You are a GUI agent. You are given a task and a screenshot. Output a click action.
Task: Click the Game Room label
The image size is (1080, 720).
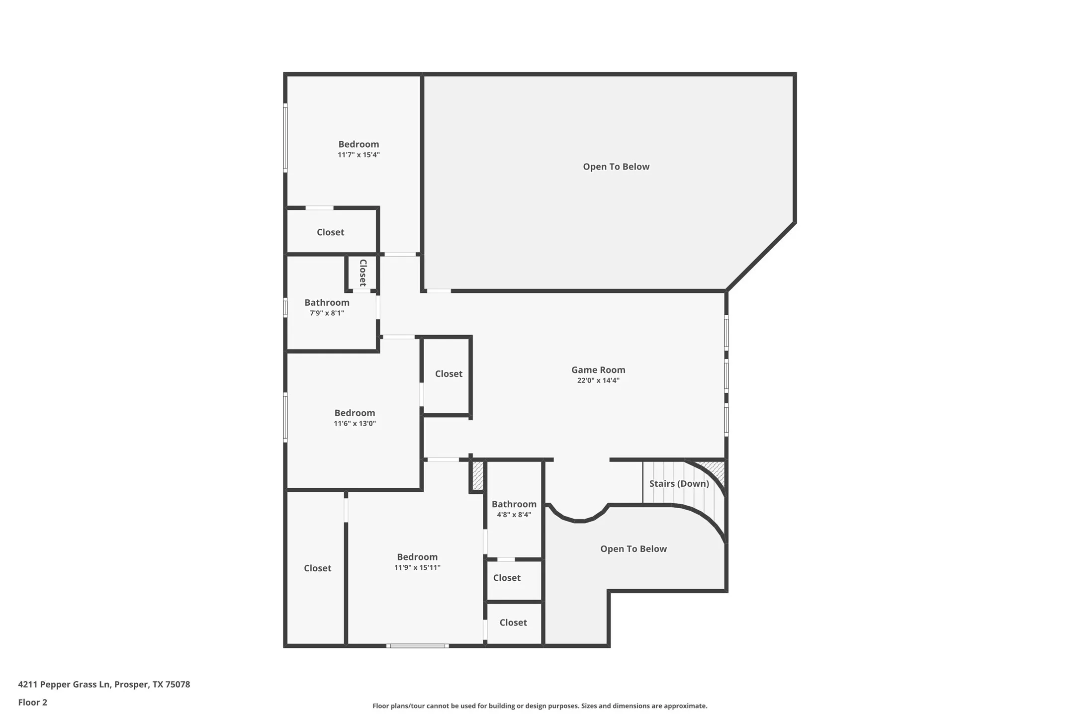(598, 369)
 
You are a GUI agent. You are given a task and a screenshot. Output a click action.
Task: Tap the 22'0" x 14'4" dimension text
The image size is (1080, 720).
(598, 380)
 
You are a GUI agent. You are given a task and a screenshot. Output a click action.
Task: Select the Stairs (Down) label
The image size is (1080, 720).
(679, 483)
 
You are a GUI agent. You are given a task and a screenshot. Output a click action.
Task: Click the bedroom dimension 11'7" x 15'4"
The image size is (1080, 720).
(359, 155)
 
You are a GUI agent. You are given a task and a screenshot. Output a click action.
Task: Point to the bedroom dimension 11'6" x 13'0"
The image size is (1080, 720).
(355, 424)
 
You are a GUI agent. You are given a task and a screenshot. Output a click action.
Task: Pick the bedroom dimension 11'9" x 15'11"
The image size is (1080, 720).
(417, 567)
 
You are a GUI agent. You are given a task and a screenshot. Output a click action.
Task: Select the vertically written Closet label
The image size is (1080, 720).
(362, 272)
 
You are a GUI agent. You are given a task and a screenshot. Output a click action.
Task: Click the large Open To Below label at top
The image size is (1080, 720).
(616, 167)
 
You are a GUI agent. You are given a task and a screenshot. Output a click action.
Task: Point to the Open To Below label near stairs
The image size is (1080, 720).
(633, 548)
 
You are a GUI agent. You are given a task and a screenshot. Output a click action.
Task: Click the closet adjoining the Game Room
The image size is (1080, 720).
(449, 373)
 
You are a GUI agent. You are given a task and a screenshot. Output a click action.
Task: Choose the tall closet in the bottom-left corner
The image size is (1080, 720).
(317, 568)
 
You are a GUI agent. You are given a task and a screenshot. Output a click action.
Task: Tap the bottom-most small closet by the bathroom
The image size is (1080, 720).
(513, 623)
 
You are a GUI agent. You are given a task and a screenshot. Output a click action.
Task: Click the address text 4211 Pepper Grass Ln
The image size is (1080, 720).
(104, 684)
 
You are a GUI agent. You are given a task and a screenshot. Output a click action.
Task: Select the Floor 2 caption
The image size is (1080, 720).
(33, 702)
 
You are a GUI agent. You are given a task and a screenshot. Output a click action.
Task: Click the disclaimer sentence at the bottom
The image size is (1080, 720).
(540, 706)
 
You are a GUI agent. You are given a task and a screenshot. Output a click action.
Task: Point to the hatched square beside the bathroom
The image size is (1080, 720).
(477, 476)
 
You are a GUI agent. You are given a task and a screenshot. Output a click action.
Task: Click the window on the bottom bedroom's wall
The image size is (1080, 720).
(418, 645)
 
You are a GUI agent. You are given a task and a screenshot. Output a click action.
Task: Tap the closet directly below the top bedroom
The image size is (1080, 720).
(330, 232)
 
